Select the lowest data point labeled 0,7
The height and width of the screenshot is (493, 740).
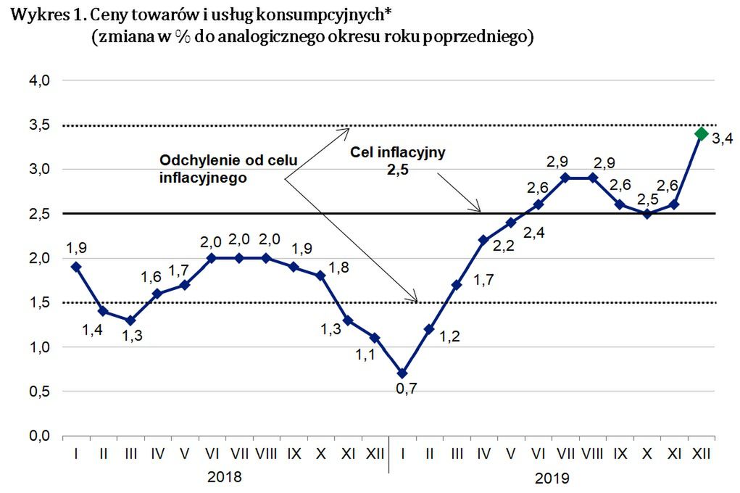pos(402,373)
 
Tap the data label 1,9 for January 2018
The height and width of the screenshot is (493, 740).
pos(76,248)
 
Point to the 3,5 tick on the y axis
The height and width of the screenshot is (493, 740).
pos(38,125)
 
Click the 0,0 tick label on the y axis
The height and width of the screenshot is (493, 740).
pos(38,436)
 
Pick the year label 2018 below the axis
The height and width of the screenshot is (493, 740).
pos(225,477)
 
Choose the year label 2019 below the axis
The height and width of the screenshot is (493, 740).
pos(552,478)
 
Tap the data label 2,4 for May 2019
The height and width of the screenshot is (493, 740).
pos(535,232)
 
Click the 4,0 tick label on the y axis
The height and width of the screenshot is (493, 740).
pos(38,80)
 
